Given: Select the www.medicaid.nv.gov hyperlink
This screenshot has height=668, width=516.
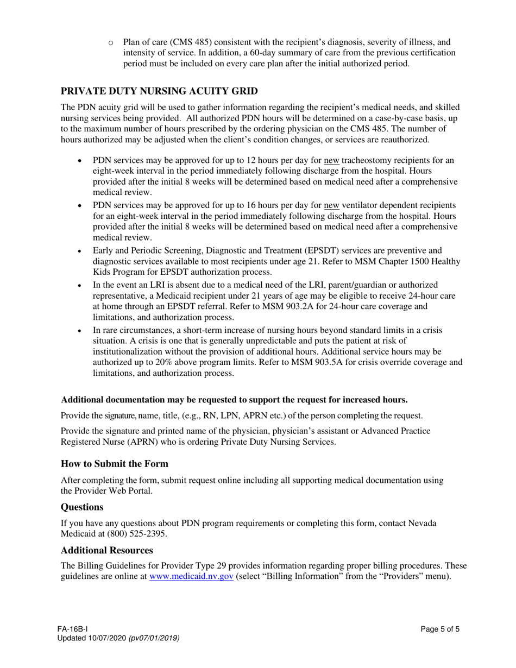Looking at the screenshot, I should (x=191, y=577).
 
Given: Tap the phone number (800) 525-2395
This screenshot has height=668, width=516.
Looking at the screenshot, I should (x=139, y=534).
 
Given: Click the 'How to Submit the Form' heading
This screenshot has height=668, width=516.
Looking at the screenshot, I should (x=115, y=464).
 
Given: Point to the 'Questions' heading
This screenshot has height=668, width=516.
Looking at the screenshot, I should (x=82, y=507).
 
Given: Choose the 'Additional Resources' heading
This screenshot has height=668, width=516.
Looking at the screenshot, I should (x=106, y=550).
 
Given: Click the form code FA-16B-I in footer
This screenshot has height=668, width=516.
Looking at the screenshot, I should (x=74, y=629).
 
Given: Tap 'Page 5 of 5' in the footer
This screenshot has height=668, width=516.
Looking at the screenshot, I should (x=440, y=629).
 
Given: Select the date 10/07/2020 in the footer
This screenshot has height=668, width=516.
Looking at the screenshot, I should (x=108, y=638).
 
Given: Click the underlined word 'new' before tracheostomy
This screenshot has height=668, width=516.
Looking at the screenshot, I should (x=331, y=160).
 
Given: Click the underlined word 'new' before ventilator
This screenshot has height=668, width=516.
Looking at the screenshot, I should (x=331, y=205).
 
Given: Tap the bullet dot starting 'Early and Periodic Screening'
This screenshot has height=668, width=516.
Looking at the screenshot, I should (x=80, y=251).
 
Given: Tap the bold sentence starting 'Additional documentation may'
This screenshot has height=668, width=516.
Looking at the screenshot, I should (x=234, y=400).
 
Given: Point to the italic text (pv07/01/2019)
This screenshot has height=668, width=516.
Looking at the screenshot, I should (x=154, y=638).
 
